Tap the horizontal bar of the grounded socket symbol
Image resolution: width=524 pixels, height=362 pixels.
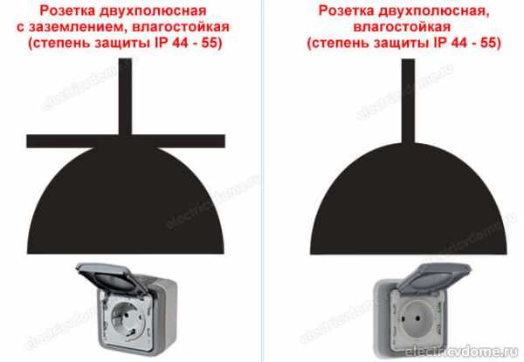tap(126, 141)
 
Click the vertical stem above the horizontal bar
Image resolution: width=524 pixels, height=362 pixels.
tap(125, 97)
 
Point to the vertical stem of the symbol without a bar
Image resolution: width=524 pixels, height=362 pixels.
tap(408, 101)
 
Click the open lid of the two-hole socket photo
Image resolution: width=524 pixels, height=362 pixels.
tap(433, 277)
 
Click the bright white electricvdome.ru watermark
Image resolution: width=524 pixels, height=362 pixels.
tap(461, 351)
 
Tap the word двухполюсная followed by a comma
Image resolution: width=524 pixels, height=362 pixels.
tap(434, 10)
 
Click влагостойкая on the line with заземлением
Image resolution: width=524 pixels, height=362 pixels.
tap(181, 27)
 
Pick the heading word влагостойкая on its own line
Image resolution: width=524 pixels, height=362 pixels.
tap(402, 27)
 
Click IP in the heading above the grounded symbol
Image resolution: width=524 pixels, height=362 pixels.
tap(162, 43)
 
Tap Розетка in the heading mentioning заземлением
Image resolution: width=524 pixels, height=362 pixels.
tap(67, 10)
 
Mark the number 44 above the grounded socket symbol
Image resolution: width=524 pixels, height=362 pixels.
tap(181, 43)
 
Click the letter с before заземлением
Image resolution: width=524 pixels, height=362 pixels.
tap(20, 28)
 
